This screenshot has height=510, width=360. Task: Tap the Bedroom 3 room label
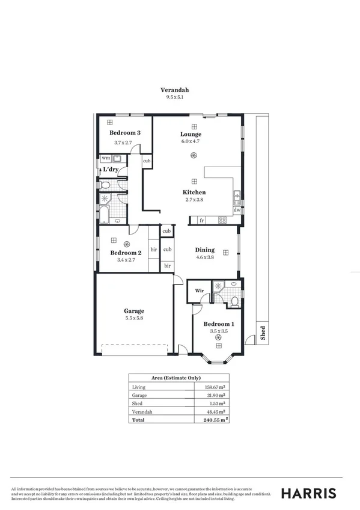125,133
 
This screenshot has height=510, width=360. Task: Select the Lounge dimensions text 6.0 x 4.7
191,142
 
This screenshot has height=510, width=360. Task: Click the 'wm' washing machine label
106,158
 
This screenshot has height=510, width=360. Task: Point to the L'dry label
110,170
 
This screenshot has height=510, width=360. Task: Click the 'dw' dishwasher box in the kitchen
237,210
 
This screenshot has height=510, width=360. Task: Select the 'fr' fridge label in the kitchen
202,221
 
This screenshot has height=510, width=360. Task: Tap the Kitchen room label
194,192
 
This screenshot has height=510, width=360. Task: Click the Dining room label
204,250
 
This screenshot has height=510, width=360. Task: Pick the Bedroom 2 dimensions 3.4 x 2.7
126,262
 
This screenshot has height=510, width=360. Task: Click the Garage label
134,311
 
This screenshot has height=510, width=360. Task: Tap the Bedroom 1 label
218,324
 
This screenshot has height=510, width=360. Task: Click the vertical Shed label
263,333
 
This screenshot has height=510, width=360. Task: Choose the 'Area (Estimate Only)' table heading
179,378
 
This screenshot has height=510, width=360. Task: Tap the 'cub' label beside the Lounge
146,161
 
